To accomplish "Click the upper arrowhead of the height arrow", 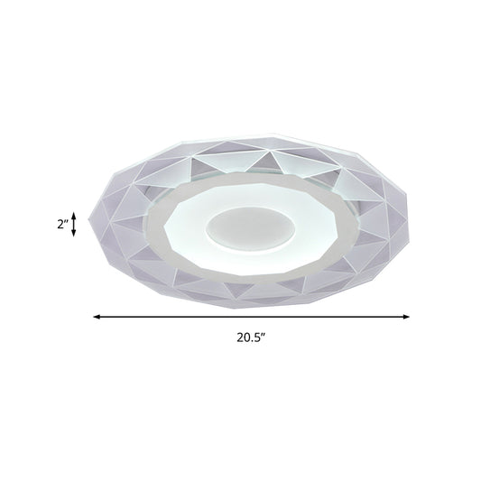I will pos(85,209).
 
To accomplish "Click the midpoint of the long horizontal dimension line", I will pos(252,316).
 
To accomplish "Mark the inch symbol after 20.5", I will pos(267,338).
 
